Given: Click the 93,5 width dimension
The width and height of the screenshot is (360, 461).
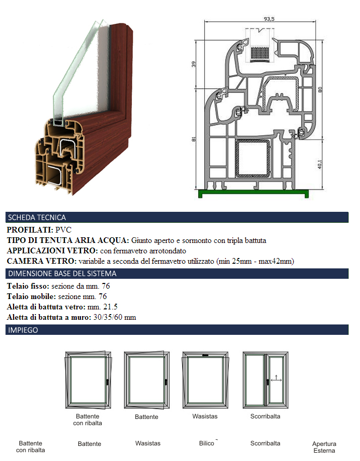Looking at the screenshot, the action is click(x=269, y=19).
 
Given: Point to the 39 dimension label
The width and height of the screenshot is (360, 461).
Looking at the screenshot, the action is click(x=193, y=64).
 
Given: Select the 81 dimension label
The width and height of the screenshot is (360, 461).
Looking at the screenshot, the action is click(x=193, y=139).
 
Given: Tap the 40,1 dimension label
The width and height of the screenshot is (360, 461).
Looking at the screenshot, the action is click(x=320, y=165).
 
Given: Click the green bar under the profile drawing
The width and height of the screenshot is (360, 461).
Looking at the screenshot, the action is click(x=253, y=193).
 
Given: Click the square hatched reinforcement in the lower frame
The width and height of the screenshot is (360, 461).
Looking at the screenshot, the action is click(x=253, y=159).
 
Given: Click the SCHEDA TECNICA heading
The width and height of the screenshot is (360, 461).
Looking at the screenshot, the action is click(x=37, y=218).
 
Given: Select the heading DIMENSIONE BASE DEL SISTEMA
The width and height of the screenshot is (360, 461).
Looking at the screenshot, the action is click(x=62, y=274).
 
